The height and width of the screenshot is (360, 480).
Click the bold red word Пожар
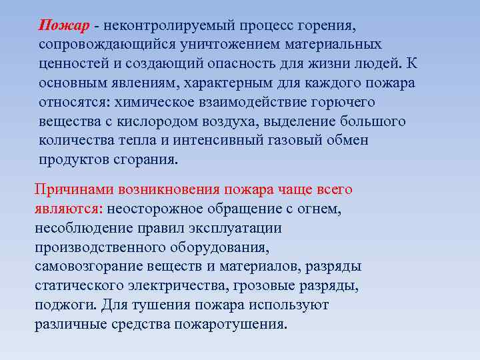pyautogui.click(x=64, y=26)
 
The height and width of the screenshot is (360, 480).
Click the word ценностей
pyautogui.click(x=72, y=64)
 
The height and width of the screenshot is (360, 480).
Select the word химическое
pyautogui.click(x=155, y=103)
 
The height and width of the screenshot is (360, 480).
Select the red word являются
pyautogui.click(x=68, y=209)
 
